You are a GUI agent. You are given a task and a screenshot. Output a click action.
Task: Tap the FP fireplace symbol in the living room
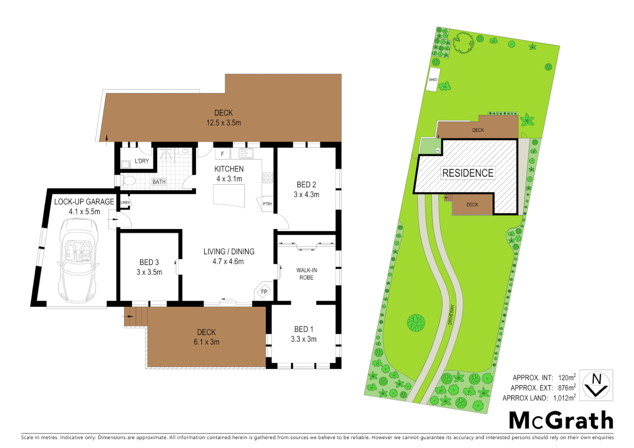click(264, 292)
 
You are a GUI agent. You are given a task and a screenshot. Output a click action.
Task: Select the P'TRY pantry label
click(268, 204)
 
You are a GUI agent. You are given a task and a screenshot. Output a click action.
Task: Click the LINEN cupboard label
click(125, 202)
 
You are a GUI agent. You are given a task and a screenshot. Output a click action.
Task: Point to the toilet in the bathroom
click(128, 180)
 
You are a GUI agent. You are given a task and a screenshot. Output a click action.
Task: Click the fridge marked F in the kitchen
click(222, 154)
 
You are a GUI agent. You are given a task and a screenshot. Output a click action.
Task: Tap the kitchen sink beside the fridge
click(246, 154)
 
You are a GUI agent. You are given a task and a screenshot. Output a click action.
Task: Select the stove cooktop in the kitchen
click(268, 178)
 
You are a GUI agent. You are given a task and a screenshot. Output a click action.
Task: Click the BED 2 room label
click(306, 185)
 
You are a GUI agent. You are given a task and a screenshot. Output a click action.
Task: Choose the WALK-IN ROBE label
click(307, 274)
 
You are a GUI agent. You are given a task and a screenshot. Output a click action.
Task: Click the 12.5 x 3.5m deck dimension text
click(224, 123)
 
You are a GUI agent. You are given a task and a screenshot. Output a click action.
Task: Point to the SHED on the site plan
click(433, 80)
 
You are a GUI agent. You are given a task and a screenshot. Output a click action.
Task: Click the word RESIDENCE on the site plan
click(468, 173)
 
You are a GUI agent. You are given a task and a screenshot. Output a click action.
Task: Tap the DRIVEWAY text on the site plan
click(451, 314)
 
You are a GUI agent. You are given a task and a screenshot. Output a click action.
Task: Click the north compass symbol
click(596, 385)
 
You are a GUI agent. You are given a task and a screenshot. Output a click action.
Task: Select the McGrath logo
click(561, 420)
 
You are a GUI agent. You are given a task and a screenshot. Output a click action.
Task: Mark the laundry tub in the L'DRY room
click(125, 165)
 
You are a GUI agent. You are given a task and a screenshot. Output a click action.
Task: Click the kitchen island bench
click(229, 195)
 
